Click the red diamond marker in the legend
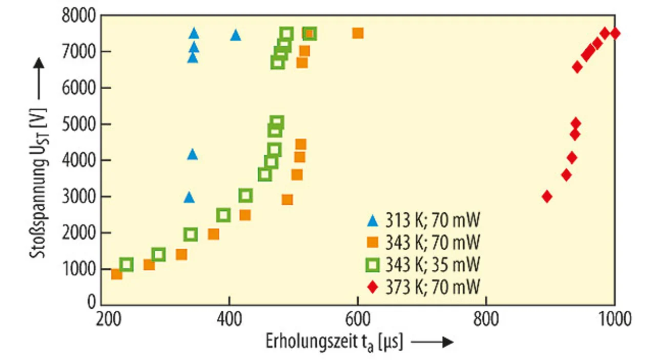(373, 286)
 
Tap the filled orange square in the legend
(373, 243)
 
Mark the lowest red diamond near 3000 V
(547, 196)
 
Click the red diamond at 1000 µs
(615, 33)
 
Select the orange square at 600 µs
(358, 33)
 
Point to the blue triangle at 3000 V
(189, 197)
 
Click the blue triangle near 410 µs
(235, 35)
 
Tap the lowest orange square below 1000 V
(117, 274)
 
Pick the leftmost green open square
(127, 265)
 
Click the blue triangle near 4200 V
(192, 154)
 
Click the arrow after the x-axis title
(433, 342)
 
